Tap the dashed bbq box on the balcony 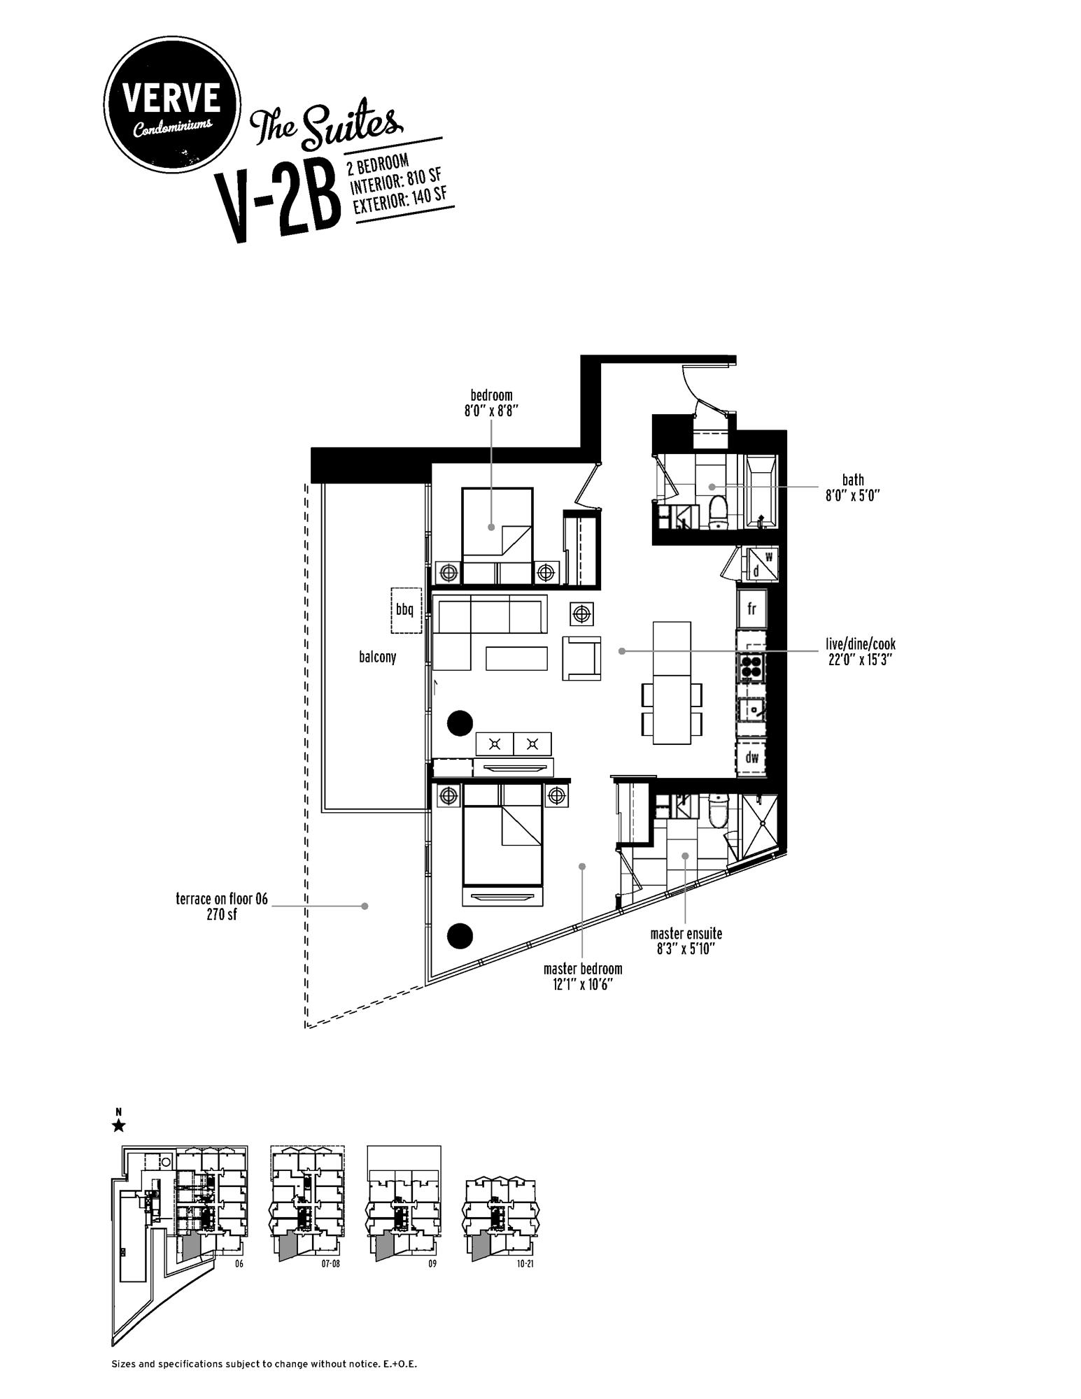coord(406,610)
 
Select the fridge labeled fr coord(752,608)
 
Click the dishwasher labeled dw coord(751,757)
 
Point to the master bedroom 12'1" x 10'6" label coord(583,976)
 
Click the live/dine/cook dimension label coord(860,651)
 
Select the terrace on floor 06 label coord(222,907)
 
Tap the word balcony coord(377,657)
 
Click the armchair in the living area coord(582,658)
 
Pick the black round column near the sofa coord(460,723)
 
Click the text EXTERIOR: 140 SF coord(400,197)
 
